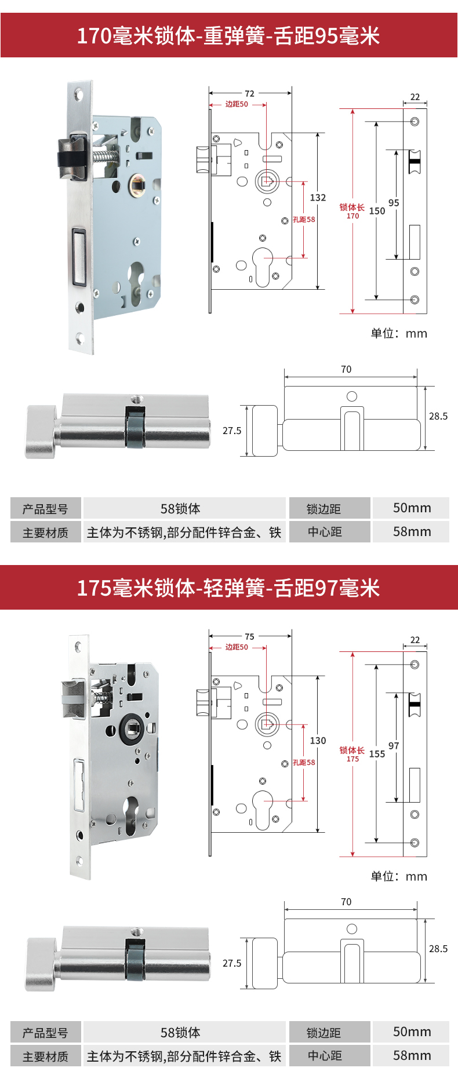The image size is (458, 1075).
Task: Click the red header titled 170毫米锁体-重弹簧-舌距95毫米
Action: coord(228,36)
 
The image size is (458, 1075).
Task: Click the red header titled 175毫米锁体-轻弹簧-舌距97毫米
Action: coord(228,588)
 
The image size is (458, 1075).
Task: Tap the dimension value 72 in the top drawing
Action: coord(249,93)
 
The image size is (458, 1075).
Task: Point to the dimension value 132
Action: coord(318,198)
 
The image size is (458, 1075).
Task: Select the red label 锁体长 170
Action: coord(352,211)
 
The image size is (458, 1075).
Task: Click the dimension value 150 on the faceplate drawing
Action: coord(377,211)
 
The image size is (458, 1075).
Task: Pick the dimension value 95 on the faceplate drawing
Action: coord(394,203)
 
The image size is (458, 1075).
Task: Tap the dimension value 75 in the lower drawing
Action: coord(249,636)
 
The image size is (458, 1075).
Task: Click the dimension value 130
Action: coord(318,741)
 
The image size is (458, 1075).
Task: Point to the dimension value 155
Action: coord(377,754)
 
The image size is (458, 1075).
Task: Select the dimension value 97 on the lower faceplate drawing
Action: coord(394,746)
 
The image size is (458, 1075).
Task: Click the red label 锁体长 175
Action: coord(352,754)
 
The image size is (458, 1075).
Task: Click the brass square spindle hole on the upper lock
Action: coord(137,185)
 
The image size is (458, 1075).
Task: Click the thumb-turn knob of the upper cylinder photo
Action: coord(41,431)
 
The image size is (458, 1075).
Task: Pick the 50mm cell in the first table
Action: coord(412,508)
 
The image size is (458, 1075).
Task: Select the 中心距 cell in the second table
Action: coord(325,1056)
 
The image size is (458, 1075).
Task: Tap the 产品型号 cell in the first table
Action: coord(45,509)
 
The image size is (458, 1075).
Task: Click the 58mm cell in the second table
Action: coord(412,1055)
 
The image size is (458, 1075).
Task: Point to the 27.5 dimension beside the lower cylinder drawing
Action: coord(232,963)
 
